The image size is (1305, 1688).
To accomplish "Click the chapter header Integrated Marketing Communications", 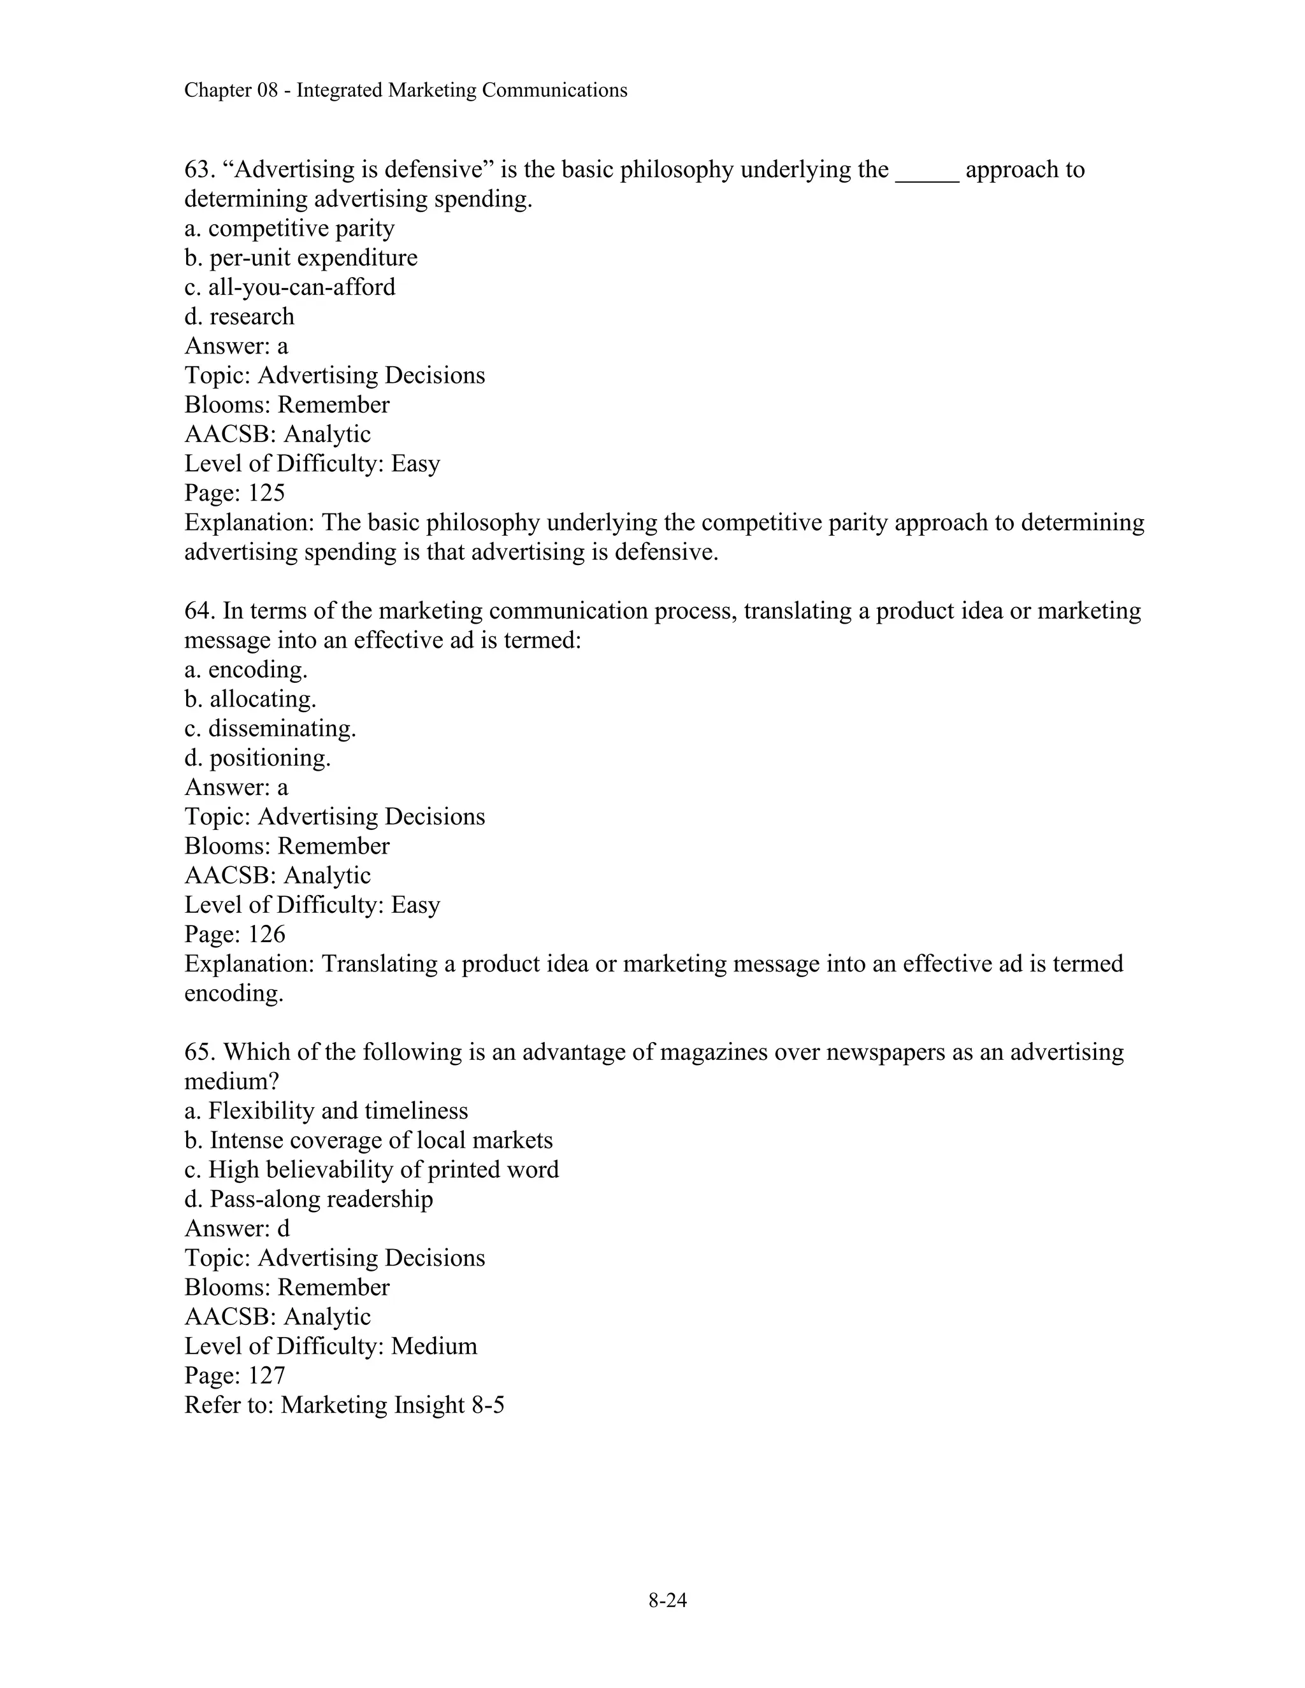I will click(405, 90).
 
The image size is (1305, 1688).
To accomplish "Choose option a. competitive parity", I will click(289, 229).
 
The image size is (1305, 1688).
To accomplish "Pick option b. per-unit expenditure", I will click(301, 258).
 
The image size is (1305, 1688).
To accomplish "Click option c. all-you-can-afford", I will click(289, 287).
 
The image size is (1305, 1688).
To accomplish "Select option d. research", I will click(239, 317).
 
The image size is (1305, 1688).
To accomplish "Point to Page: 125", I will click(234, 493).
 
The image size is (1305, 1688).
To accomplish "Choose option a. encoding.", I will click(246, 669).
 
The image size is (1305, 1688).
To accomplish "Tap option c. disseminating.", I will click(270, 729).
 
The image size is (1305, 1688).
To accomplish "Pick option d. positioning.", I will click(257, 758).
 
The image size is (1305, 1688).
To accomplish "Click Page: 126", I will click(234, 934).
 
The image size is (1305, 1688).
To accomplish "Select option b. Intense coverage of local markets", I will click(368, 1141).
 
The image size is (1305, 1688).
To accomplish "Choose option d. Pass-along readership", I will click(308, 1199).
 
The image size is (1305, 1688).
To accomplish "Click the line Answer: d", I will click(236, 1229).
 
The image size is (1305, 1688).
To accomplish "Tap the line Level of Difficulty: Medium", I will click(330, 1347).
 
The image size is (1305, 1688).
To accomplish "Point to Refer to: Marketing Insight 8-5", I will click(344, 1405).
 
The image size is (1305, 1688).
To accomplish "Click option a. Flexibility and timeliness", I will click(326, 1112).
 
